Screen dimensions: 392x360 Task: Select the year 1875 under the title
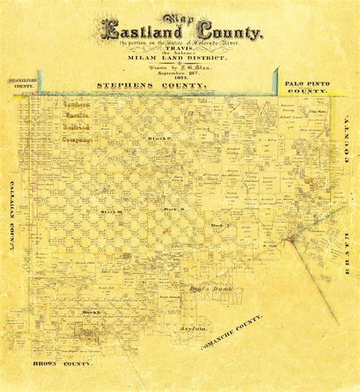181,78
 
